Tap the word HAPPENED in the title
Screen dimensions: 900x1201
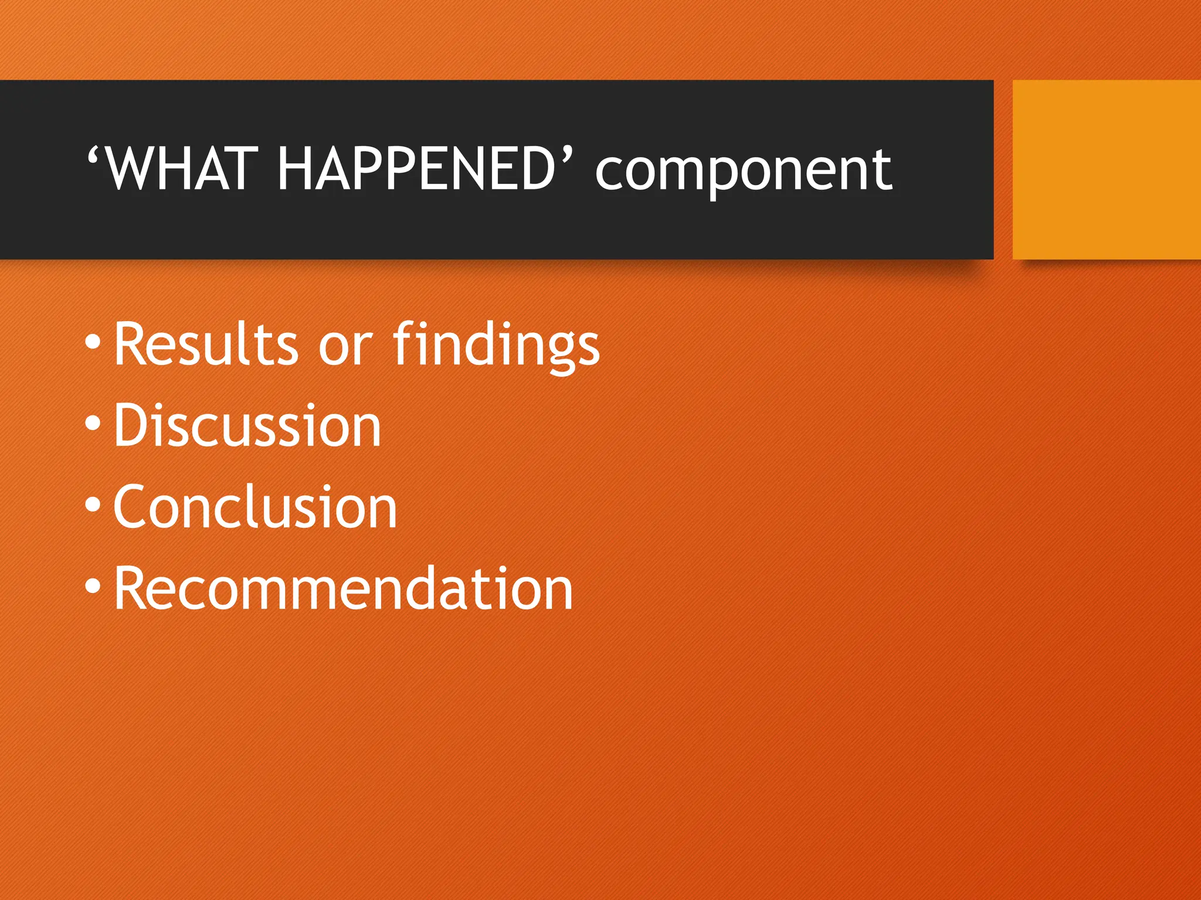416,169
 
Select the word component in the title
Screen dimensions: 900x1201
743,173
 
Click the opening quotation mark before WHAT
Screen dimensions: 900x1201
94,156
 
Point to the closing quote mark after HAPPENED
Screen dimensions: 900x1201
566,156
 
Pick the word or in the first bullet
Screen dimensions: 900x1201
345,349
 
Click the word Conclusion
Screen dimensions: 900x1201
256,507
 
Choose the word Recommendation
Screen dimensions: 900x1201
344,589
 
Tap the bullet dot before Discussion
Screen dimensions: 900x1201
93,423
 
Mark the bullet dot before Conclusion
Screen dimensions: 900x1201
93,504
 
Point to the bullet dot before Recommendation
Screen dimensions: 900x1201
93,586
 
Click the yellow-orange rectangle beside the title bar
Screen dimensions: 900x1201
1106,169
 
